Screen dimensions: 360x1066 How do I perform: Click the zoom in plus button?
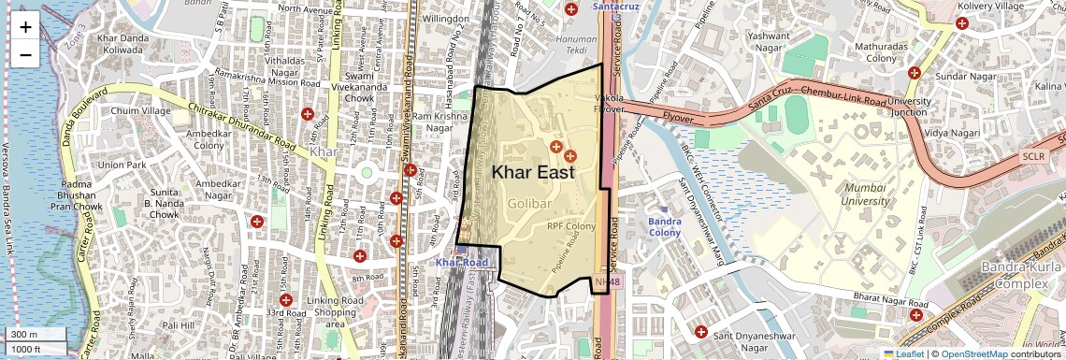(25, 27)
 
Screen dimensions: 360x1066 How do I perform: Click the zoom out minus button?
(25, 55)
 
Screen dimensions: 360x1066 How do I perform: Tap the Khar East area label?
(532, 172)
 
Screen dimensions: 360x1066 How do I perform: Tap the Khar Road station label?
(462, 263)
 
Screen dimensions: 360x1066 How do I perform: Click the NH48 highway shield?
(607, 281)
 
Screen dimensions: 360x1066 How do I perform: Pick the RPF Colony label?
(571, 226)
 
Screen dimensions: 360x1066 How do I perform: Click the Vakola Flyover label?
(609, 103)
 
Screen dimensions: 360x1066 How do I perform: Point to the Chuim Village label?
(141, 111)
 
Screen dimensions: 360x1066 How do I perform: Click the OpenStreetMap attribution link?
(973, 353)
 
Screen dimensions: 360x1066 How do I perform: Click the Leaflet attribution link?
(903, 353)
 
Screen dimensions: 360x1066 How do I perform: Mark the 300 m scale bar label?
(25, 334)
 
